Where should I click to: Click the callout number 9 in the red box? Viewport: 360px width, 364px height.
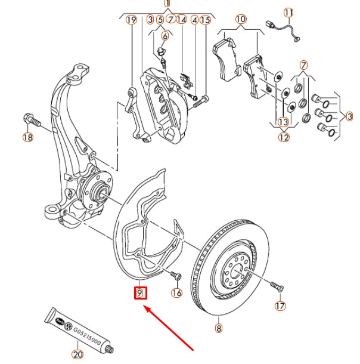coord(140,293)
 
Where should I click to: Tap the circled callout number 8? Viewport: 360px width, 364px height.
coord(218,328)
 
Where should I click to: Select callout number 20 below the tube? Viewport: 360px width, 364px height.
coord(77,354)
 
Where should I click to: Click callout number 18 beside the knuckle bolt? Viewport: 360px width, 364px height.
coord(27,138)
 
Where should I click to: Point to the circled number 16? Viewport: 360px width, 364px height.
coord(176,292)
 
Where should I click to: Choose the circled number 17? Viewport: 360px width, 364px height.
coord(280,306)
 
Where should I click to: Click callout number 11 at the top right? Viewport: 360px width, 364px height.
coord(288,13)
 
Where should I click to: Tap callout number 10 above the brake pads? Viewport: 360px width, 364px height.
coord(240,20)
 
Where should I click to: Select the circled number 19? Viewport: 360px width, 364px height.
coord(132,20)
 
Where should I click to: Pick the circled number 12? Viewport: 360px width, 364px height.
coord(283,137)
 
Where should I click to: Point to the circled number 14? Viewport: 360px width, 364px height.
coord(181,20)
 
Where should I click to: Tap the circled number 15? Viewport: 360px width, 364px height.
coord(205,20)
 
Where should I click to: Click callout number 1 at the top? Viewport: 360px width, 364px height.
coord(167,3)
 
